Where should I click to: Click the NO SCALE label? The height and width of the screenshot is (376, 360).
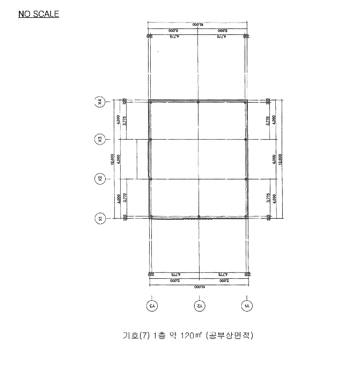(x=39, y=14)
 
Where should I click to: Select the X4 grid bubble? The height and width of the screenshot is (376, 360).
(x=99, y=101)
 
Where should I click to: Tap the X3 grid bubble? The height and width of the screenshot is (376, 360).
(x=99, y=140)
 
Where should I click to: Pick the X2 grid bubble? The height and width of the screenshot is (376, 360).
(x=99, y=178)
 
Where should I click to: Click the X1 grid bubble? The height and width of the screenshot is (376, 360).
(x=99, y=218)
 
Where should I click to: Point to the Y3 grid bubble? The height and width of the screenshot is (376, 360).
(x=152, y=306)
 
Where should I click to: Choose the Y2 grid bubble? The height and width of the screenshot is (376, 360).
(x=199, y=306)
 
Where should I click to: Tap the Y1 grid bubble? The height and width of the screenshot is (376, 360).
(x=247, y=306)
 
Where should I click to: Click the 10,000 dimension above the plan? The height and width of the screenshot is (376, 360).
(x=198, y=25)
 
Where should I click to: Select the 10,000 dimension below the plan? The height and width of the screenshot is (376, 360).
(x=198, y=287)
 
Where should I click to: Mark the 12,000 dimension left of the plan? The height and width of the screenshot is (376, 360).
(x=113, y=159)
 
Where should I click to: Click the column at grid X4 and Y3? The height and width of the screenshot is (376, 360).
(x=151, y=102)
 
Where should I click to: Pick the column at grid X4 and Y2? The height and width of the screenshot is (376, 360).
(x=199, y=102)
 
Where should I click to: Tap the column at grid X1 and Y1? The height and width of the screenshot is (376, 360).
(x=246, y=216)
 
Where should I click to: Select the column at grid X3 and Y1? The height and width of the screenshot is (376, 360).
(x=246, y=140)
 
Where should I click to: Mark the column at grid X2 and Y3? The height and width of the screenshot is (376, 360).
(x=151, y=178)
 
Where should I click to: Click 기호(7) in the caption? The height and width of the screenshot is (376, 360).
(x=136, y=336)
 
